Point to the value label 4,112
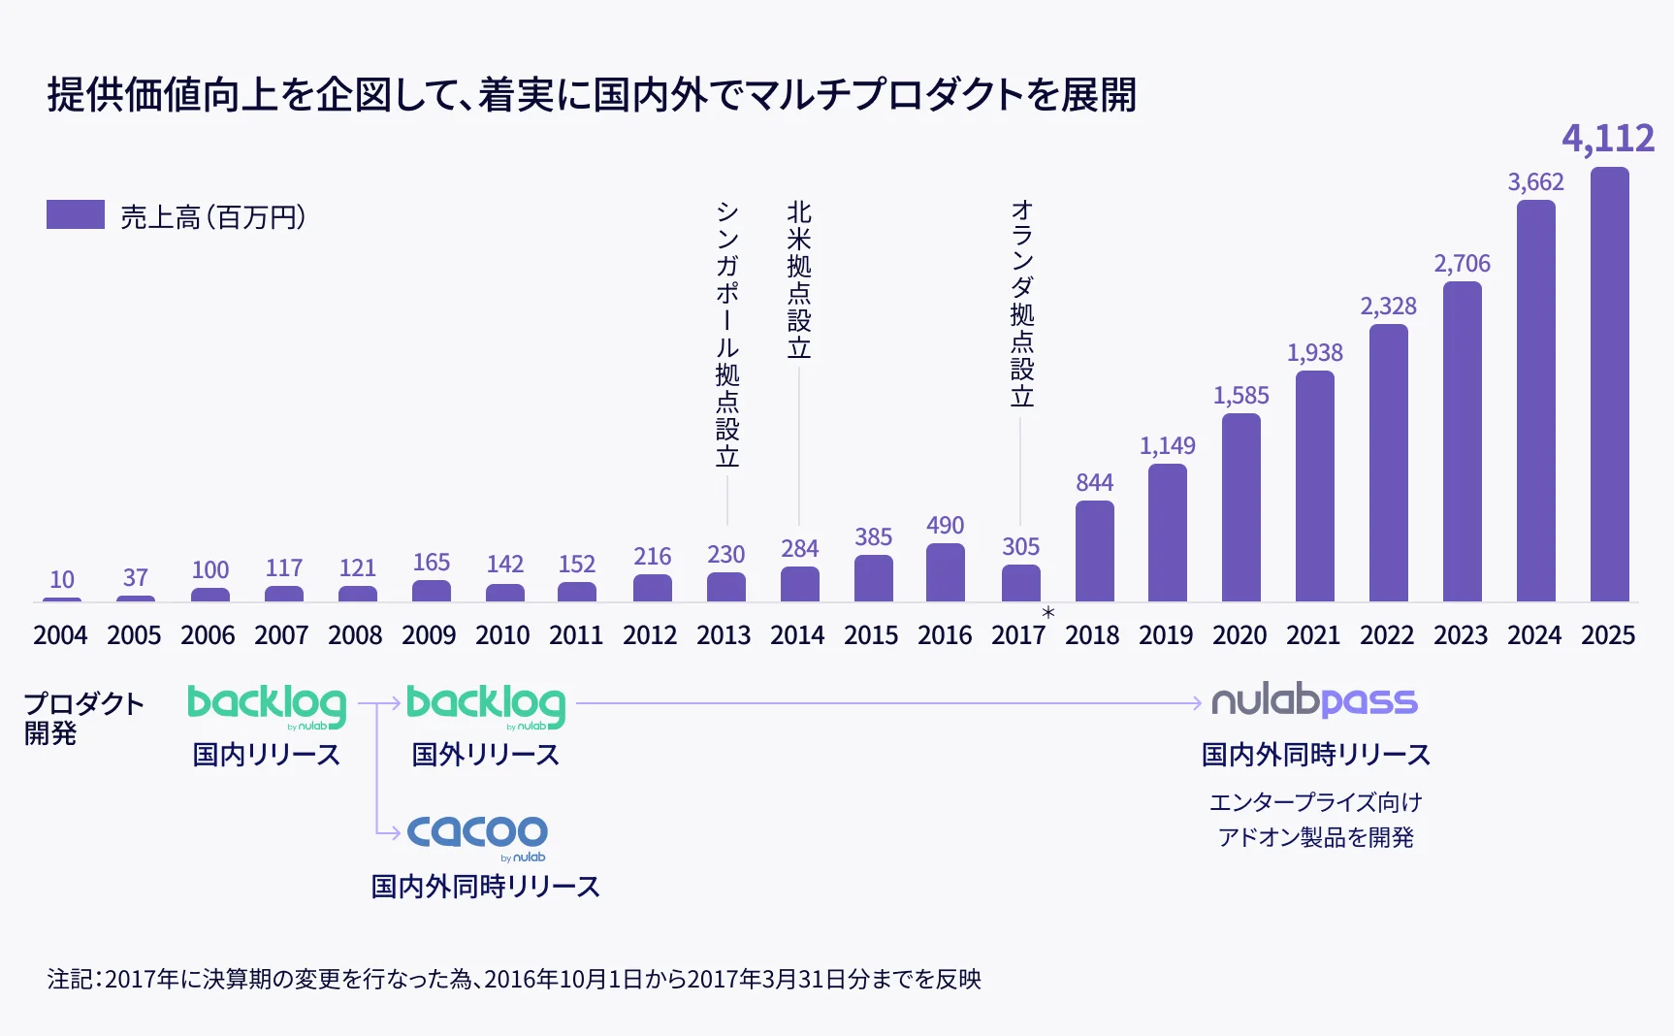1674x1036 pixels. (x=1607, y=139)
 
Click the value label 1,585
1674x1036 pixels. (x=1240, y=396)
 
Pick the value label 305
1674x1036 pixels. (x=1020, y=547)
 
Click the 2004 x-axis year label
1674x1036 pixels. (x=60, y=635)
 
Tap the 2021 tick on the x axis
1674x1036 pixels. (x=1313, y=635)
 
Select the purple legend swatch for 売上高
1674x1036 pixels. (x=76, y=214)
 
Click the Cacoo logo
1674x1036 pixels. (x=477, y=835)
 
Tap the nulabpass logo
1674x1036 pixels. (x=1314, y=700)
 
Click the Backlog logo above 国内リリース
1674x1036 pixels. (x=267, y=705)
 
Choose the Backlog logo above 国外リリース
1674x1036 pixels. (x=486, y=705)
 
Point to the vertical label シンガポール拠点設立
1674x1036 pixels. (x=727, y=334)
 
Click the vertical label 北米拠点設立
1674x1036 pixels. (x=799, y=279)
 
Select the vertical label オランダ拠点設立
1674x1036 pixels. (x=1021, y=304)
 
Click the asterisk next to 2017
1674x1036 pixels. (x=1047, y=614)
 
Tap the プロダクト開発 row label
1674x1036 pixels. (x=83, y=718)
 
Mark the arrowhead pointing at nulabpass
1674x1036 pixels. (x=1198, y=702)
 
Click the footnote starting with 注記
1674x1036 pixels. (x=514, y=979)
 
